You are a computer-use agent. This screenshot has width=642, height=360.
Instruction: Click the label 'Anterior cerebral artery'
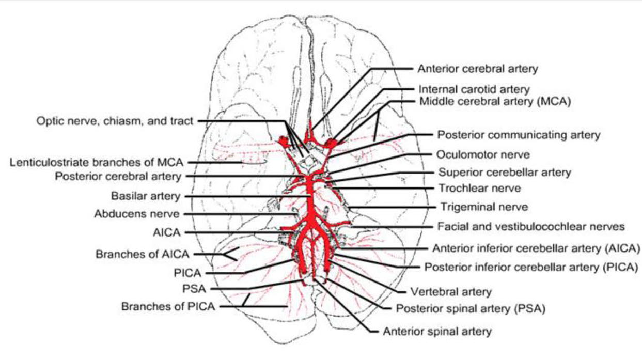478,69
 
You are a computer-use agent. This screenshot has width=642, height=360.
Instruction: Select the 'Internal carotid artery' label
474,89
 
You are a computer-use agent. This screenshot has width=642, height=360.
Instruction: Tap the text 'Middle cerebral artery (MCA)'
494,101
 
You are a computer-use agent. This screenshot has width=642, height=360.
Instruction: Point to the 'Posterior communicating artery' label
519,135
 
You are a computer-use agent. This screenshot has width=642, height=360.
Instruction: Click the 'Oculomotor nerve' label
483,154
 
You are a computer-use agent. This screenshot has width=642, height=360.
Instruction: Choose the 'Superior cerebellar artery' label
505,173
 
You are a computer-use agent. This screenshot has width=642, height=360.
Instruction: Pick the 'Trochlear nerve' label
479,188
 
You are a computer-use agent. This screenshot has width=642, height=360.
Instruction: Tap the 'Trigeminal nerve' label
484,207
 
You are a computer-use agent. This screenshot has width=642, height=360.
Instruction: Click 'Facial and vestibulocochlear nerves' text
531,226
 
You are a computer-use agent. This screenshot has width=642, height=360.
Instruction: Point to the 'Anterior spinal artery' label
437,331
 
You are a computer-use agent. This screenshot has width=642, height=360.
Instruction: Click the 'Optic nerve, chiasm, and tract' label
115,121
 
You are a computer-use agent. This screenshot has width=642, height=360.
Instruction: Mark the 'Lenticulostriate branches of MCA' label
97,163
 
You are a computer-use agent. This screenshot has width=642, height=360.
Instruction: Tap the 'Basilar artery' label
146,196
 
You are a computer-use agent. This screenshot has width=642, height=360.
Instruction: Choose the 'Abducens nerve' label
137,213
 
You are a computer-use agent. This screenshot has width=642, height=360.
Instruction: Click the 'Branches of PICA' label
168,306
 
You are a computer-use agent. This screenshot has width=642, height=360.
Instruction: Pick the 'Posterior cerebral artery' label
118,177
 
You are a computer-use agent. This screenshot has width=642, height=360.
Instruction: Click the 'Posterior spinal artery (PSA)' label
471,309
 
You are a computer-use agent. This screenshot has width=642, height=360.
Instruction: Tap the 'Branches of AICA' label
142,254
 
